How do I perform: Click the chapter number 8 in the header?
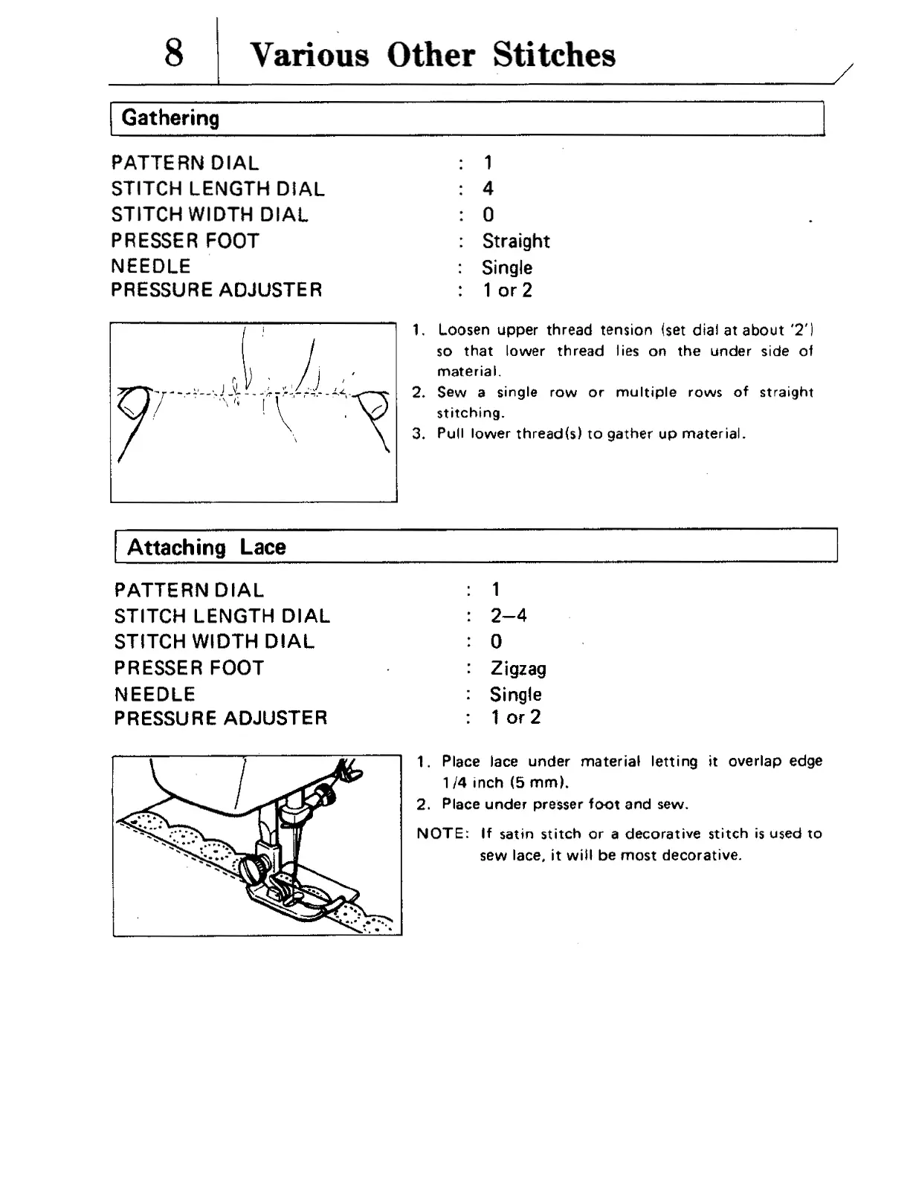point(174,53)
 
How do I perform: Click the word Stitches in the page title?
point(554,55)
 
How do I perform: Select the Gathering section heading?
point(170,118)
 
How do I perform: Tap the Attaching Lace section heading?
point(206,548)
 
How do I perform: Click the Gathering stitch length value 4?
point(488,189)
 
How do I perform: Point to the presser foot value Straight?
point(516,241)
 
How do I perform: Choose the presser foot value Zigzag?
point(518,669)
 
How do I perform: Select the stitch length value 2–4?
point(509,616)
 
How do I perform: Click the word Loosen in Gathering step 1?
point(462,330)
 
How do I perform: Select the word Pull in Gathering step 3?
point(449,434)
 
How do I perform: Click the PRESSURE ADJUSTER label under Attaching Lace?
point(221,719)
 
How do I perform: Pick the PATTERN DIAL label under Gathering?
point(185,163)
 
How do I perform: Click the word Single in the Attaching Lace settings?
point(515,695)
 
